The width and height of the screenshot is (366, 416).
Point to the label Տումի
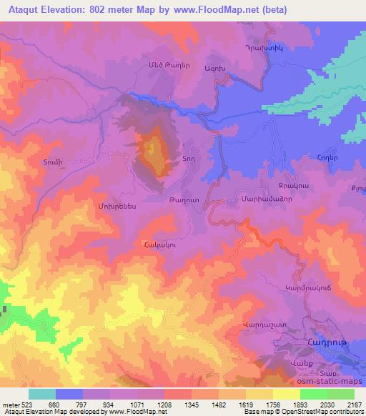43,162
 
